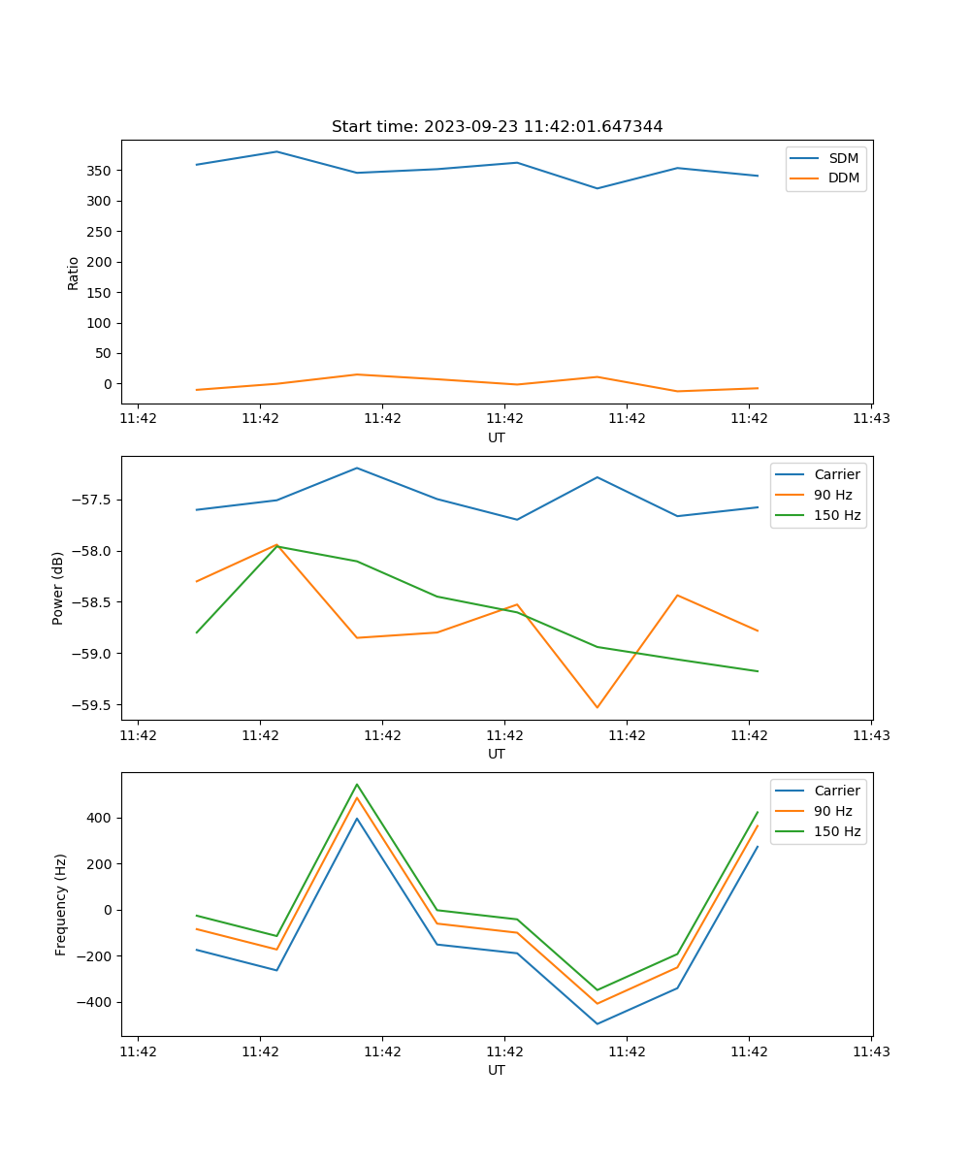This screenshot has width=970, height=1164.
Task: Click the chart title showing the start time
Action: (497, 127)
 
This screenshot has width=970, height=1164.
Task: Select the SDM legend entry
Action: (843, 158)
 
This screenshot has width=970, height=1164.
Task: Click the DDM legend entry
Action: (843, 178)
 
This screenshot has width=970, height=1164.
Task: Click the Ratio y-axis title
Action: (74, 273)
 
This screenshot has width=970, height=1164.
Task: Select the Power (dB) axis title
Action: (58, 588)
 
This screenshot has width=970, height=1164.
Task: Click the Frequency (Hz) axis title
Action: (60, 904)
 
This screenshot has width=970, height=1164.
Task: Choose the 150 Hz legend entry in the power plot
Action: (837, 515)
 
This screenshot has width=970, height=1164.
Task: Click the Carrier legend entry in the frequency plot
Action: (837, 791)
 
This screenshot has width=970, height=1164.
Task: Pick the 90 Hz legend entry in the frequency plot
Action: (833, 811)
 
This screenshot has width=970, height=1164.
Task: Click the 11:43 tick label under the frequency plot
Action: (871, 1051)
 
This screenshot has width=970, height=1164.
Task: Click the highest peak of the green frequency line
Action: (357, 784)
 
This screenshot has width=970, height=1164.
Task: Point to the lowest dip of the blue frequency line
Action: (597, 1023)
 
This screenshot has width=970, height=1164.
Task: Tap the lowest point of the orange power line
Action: (597, 707)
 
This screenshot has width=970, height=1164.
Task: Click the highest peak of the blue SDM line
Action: (276, 151)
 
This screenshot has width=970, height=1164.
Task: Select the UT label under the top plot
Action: (497, 437)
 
